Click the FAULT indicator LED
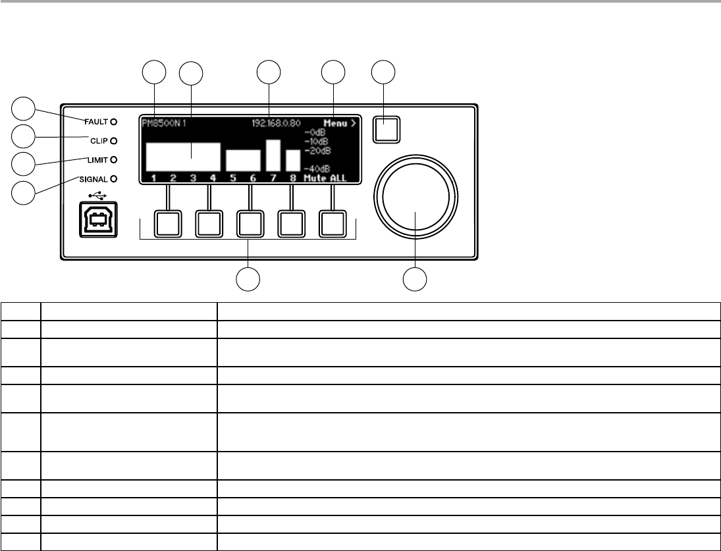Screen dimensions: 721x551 113,121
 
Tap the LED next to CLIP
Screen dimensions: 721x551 113,140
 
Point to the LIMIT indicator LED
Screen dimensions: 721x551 113,159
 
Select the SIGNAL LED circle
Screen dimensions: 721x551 113,178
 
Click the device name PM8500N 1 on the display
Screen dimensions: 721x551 163,123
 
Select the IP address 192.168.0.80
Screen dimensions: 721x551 277,123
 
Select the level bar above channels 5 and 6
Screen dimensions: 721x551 244,160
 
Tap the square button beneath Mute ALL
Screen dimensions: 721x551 333,223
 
